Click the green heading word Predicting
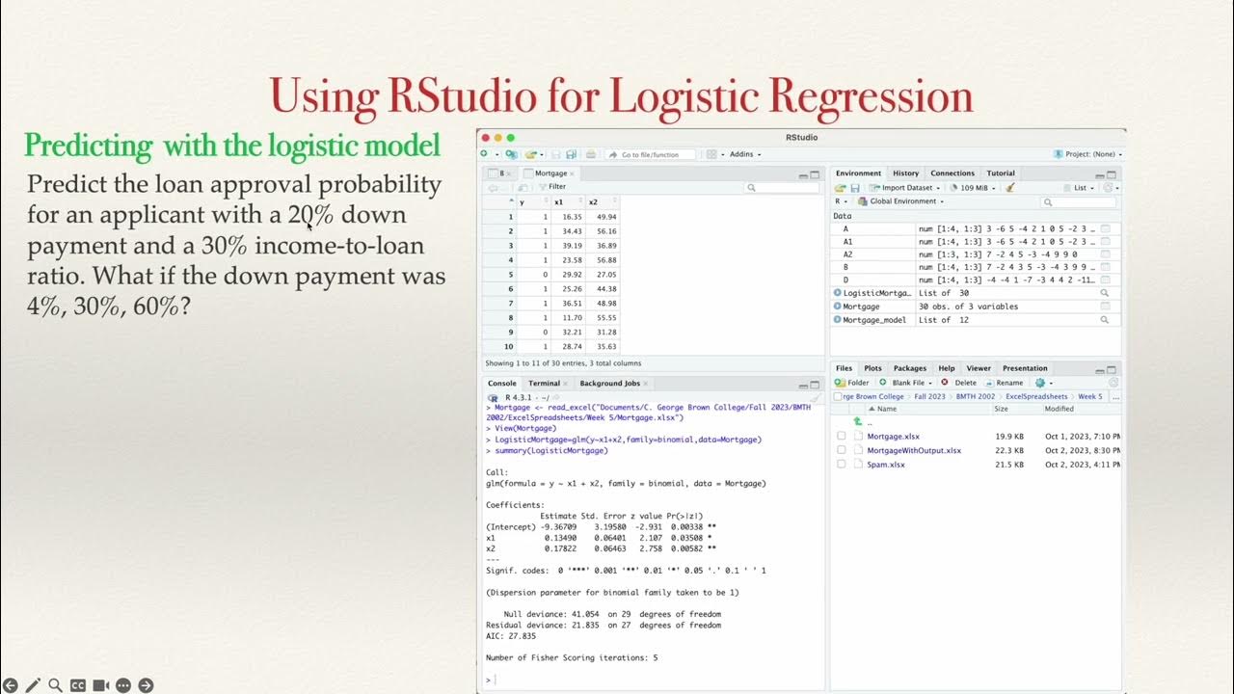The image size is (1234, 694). pos(89,146)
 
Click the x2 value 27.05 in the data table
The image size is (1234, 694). pos(606,274)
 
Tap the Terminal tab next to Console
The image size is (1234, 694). pos(544,384)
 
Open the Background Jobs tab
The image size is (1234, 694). pos(609,384)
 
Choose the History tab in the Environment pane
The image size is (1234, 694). pos(905,173)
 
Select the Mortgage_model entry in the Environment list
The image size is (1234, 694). pos(875,320)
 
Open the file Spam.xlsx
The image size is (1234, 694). pos(885,465)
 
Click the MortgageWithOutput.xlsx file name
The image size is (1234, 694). pos(913,450)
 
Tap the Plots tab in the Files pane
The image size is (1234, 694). pos(872,368)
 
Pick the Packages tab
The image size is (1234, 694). pos(909,368)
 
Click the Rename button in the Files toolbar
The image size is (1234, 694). pos(1009,383)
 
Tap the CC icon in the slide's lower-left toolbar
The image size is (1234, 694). pos(78,685)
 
